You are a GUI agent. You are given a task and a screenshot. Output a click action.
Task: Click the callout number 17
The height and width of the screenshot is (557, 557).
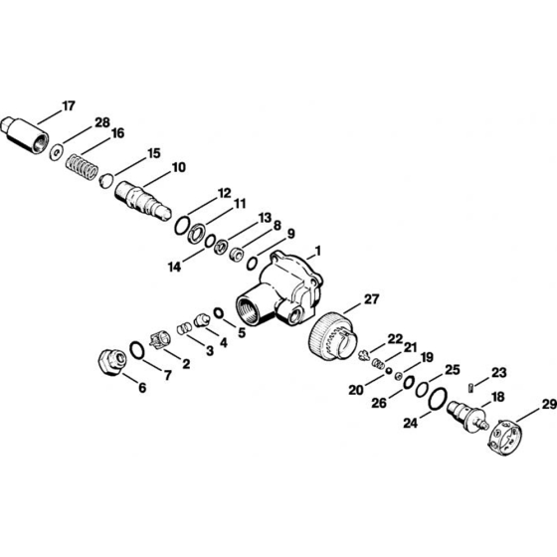69,105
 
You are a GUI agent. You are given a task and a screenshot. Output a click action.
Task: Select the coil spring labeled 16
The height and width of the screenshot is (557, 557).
82,167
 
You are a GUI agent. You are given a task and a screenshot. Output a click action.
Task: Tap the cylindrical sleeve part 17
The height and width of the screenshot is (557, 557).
25,135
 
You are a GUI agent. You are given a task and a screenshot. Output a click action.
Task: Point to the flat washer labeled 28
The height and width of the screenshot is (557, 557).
56,152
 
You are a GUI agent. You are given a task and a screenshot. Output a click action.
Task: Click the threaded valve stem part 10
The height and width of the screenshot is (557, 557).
143,201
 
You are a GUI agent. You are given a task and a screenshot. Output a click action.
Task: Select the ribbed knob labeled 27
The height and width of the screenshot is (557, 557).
331,336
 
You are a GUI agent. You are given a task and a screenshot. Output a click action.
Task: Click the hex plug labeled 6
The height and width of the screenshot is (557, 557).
111,362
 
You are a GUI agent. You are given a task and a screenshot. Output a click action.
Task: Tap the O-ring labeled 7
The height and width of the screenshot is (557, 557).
137,350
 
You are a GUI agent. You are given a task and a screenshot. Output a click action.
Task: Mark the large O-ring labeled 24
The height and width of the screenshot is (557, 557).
438,399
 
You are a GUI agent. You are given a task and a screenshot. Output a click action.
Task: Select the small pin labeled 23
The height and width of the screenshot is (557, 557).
470,387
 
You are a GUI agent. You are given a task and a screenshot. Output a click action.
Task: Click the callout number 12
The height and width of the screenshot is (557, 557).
224,193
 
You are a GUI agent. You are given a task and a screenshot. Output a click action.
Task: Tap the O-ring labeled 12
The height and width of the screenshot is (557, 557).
182,226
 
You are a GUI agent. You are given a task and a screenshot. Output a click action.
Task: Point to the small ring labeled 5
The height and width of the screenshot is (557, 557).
219,312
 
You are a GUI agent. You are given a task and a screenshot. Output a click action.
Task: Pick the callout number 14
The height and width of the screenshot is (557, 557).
174,267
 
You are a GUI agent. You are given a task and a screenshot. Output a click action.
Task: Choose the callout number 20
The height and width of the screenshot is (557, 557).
356,390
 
